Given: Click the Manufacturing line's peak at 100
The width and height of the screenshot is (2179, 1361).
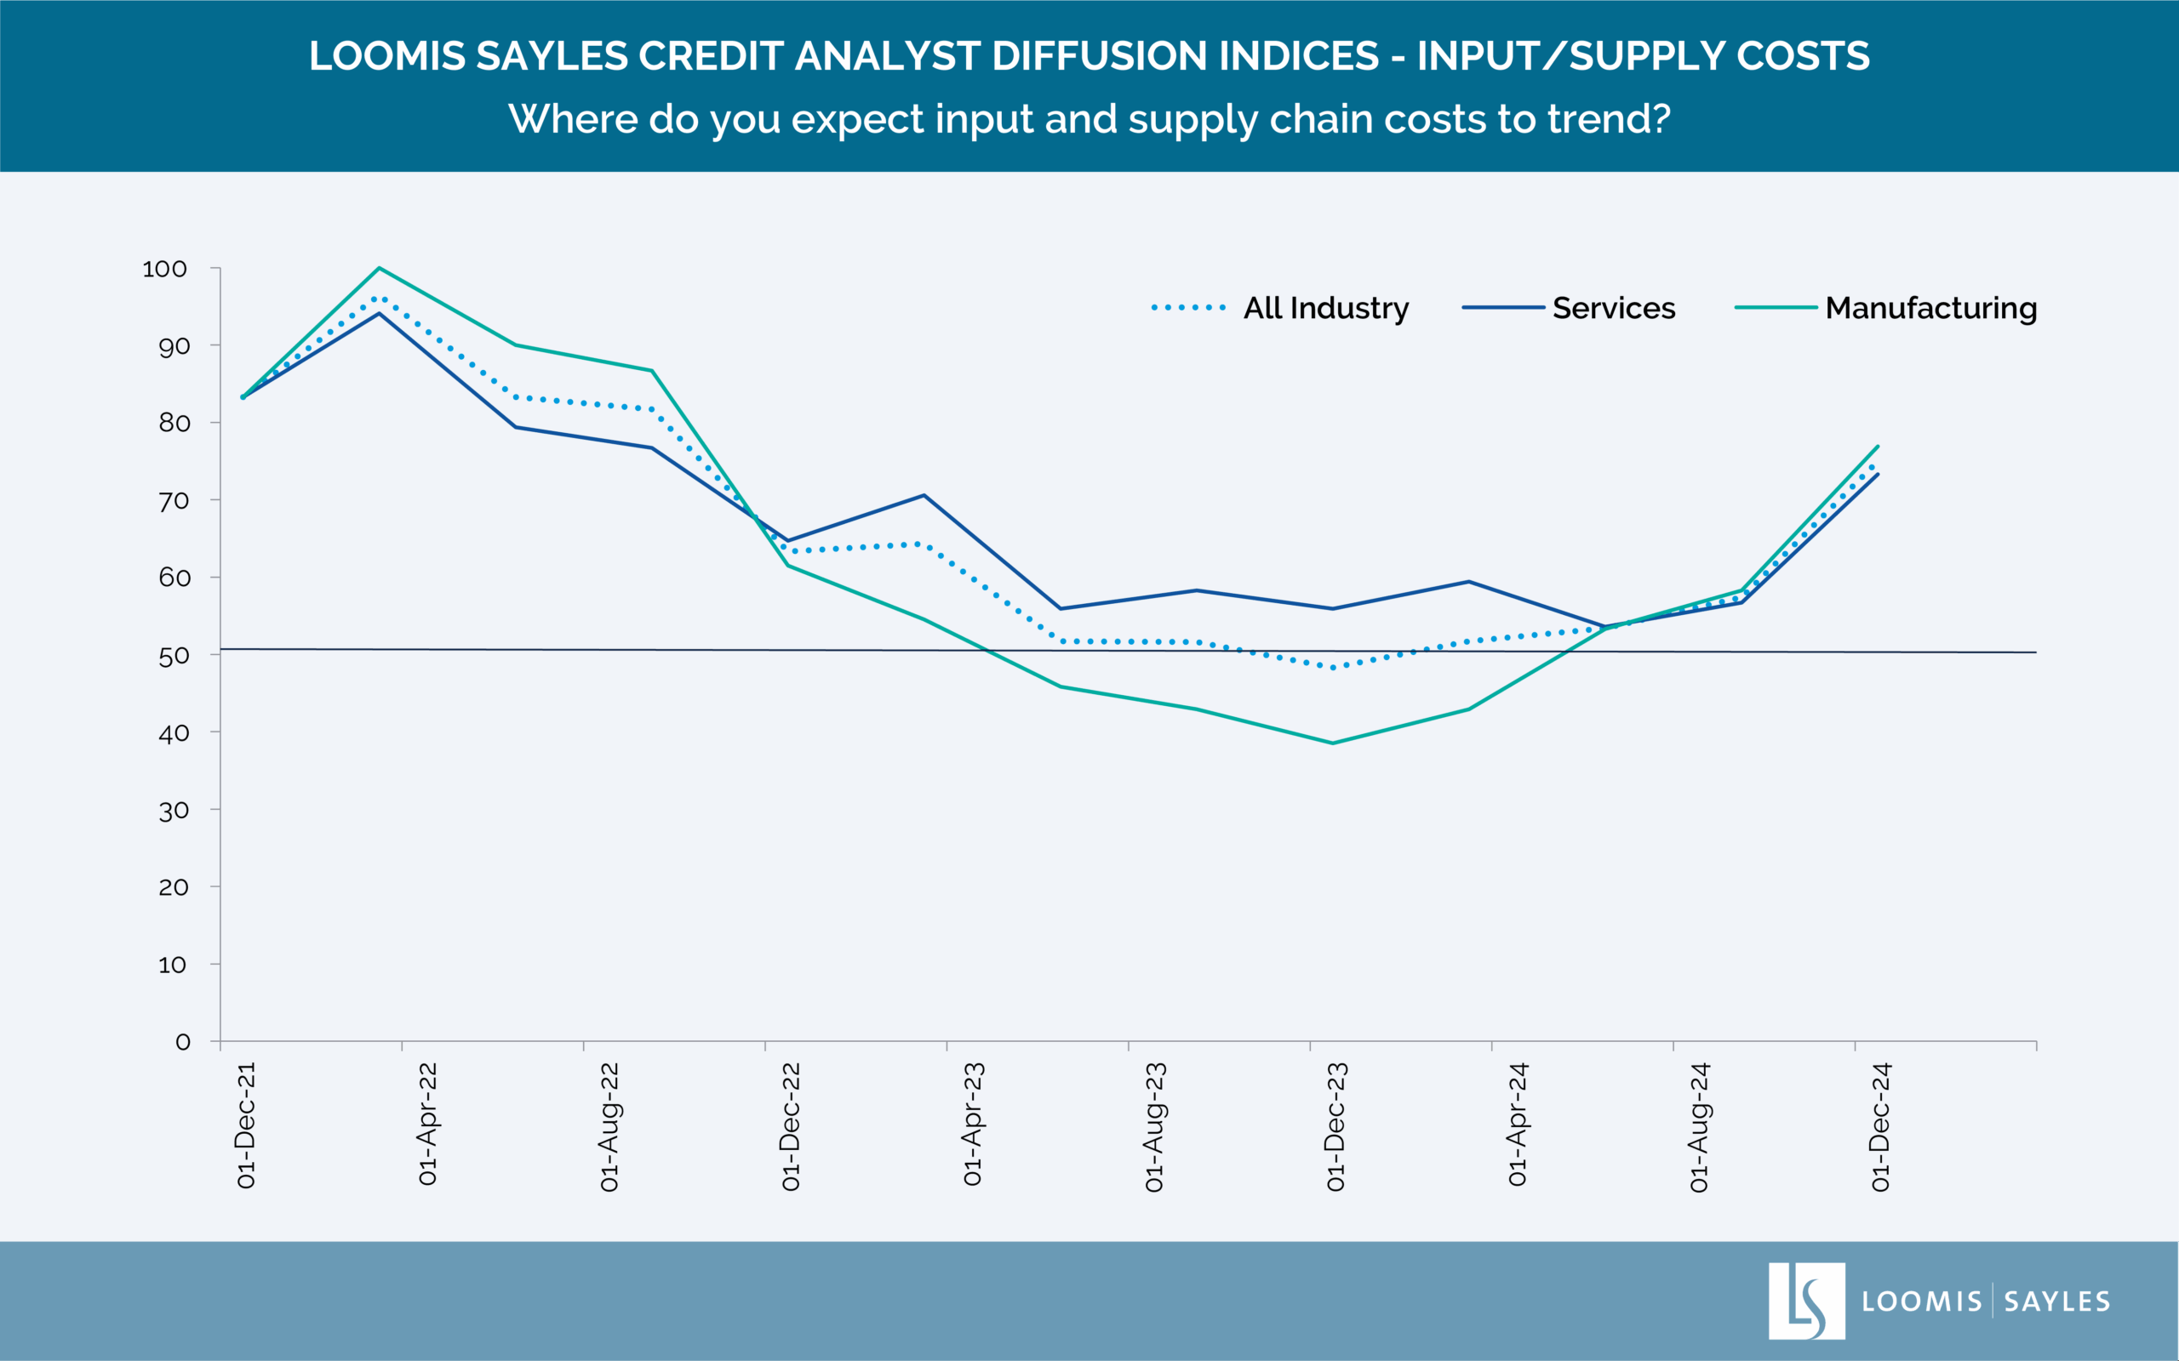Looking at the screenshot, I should tap(379, 268).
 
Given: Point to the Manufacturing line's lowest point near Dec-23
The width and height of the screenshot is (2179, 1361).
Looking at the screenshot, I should tap(1333, 743).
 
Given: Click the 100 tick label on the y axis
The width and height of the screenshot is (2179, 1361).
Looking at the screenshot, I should tap(165, 269).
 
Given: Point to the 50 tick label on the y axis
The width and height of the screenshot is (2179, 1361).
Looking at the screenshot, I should tap(174, 656).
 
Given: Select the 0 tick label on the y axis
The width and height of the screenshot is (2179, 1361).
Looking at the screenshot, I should tap(183, 1042).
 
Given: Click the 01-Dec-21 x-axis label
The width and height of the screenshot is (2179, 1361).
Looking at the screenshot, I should tap(246, 1125).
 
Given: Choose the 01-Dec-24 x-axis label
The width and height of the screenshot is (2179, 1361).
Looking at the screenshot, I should tap(1880, 1127).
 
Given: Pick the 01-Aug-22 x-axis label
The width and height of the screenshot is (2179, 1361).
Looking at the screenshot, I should tap(609, 1127).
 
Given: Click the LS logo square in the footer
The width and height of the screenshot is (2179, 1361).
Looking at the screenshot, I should tap(1806, 1300).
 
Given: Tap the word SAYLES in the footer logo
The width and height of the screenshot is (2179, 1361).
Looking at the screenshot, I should tap(2057, 1301).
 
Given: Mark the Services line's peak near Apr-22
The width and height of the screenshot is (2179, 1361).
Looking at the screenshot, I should tap(379, 313).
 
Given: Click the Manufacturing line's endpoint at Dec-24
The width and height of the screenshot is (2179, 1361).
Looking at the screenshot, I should tap(1878, 447).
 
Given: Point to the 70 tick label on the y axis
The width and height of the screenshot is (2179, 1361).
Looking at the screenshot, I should tap(174, 500).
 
